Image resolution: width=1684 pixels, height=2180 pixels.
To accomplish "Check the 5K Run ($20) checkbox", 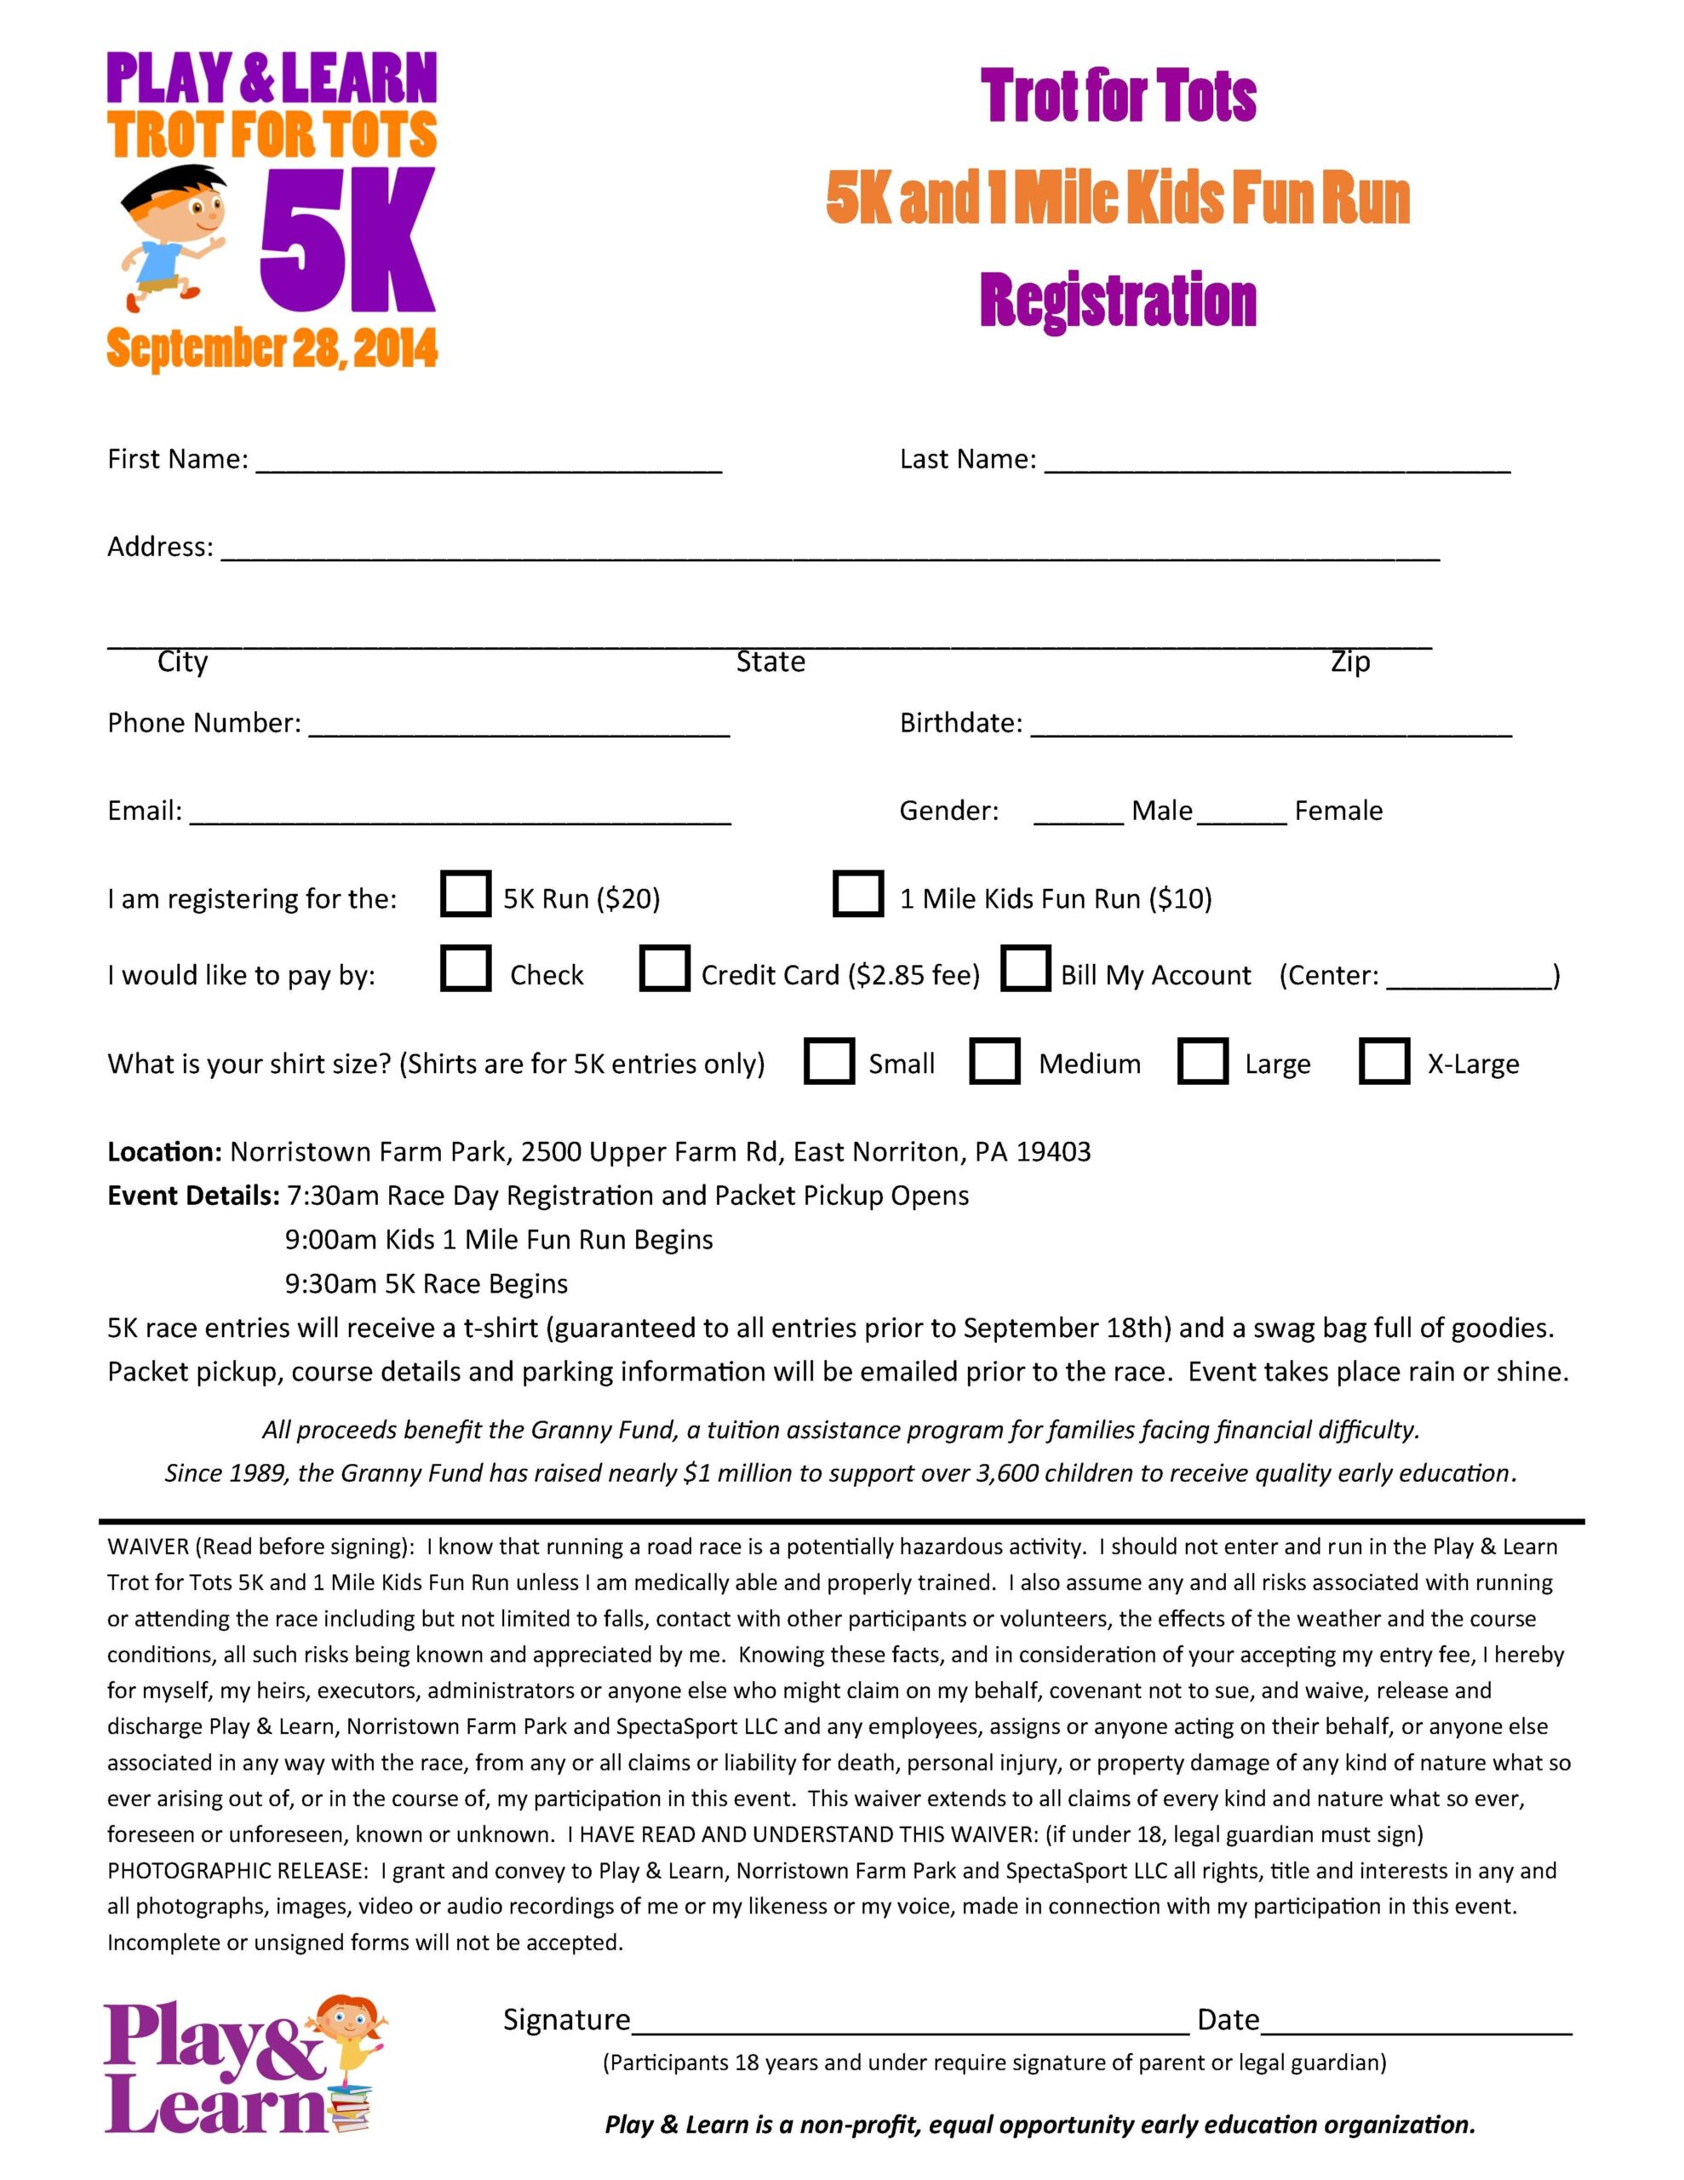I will (464, 893).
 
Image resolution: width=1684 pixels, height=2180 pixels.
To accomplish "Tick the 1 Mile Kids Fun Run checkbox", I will (857, 893).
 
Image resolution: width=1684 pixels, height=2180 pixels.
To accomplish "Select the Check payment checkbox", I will (464, 968).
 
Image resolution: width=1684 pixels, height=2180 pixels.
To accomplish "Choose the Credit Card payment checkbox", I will (664, 968).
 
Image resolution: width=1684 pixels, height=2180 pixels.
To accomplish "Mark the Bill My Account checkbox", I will (1025, 968).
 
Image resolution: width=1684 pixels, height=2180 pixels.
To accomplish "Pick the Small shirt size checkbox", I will (828, 1061).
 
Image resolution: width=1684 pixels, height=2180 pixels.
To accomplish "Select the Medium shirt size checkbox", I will (994, 1061).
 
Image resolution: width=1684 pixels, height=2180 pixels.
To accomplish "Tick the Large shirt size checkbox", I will (1202, 1061).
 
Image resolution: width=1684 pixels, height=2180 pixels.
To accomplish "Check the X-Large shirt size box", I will (1384, 1061).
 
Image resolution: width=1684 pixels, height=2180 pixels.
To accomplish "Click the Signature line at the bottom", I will (910, 2025).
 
